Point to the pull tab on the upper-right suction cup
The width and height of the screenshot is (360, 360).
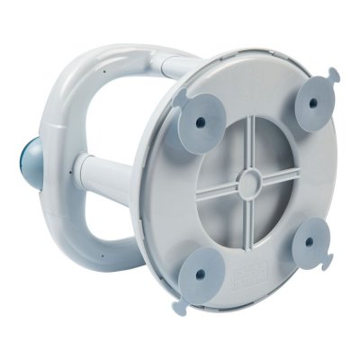coord(334,74)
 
